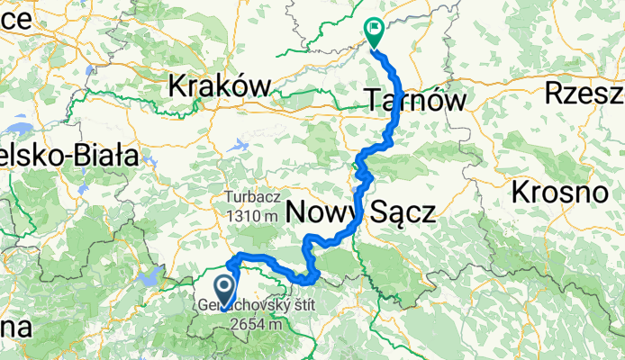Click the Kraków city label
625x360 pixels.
tap(220, 86)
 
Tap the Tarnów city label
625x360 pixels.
tap(416, 100)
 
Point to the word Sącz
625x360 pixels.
tap(400, 213)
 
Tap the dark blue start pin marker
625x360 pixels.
tap(225, 290)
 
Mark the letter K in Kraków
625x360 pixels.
tap(177, 86)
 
